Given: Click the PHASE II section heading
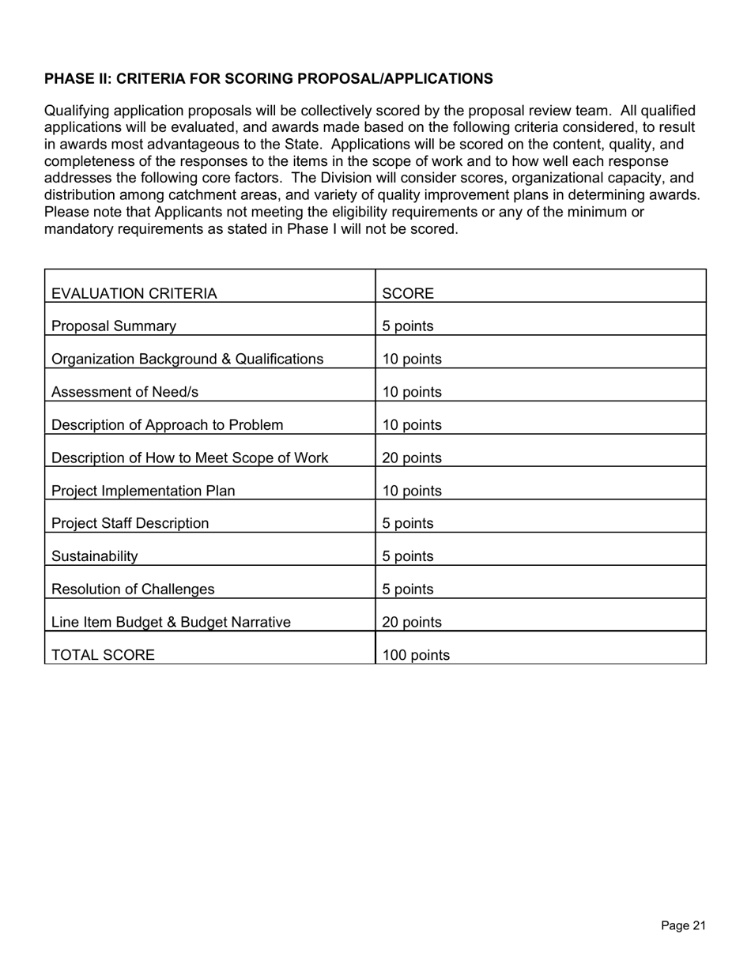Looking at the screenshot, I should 269,79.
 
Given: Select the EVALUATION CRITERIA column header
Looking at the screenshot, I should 134,294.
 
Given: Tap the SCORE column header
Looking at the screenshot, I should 408,294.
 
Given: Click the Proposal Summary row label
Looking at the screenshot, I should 114,326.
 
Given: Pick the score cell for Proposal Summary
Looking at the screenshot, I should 408,326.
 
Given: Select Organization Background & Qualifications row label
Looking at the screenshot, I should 187,360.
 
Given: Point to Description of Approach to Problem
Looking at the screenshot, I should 167,425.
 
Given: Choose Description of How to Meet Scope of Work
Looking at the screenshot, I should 190,458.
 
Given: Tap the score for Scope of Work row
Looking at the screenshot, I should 412,458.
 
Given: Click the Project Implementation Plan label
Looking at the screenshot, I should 143,492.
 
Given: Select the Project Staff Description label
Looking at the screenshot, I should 130,524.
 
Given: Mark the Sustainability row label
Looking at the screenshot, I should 94,557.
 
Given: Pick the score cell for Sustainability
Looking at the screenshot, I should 408,557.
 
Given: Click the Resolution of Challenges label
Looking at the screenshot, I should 133,590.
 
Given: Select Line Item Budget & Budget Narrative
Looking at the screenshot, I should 171,623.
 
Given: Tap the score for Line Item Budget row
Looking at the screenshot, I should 412,623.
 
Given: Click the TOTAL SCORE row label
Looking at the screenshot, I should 103,655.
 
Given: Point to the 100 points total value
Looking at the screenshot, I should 416,655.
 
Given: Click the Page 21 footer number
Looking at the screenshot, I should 683,926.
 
